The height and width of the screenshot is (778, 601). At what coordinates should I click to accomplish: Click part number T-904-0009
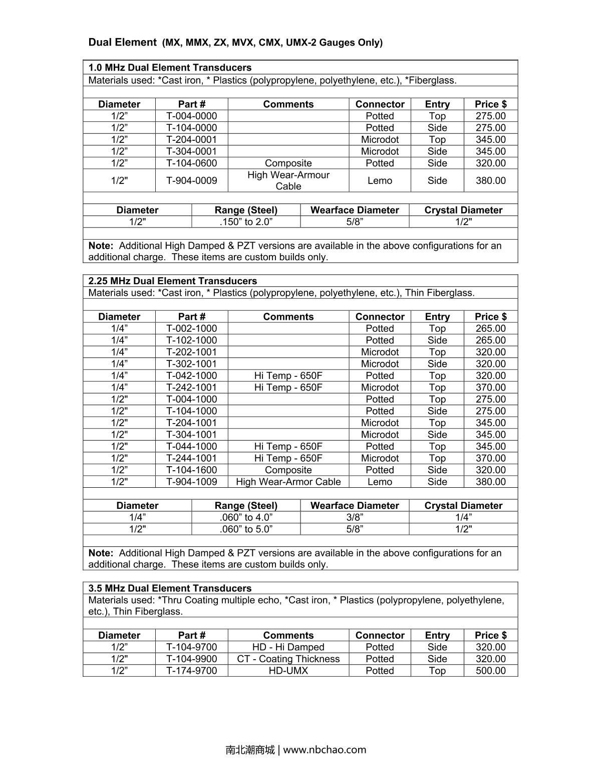pyautogui.click(x=191, y=180)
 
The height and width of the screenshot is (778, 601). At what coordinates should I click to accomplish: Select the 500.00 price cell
pyautogui.click(x=490, y=671)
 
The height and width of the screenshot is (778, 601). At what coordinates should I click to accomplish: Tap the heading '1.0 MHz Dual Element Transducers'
pyautogui.click(x=170, y=68)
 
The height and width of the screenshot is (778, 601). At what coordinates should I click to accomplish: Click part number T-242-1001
pyautogui.click(x=191, y=387)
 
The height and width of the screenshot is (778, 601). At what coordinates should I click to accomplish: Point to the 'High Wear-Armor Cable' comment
pyautogui.click(x=288, y=482)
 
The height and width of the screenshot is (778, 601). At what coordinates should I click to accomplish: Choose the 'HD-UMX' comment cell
pyautogui.click(x=288, y=671)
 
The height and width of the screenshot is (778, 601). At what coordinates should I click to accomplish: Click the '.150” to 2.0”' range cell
pyautogui.click(x=246, y=222)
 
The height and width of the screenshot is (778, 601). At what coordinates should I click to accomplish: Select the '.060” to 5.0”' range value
pyautogui.click(x=246, y=529)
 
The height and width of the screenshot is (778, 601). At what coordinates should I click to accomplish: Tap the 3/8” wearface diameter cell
pyautogui.click(x=355, y=517)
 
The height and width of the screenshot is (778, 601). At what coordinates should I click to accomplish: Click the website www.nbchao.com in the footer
pyautogui.click(x=325, y=750)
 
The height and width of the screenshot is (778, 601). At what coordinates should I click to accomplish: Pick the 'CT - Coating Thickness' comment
pyautogui.click(x=288, y=659)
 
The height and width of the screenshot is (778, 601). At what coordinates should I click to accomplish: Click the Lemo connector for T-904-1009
pyautogui.click(x=380, y=482)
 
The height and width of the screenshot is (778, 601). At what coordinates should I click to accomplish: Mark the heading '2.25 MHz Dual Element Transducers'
pyautogui.click(x=172, y=281)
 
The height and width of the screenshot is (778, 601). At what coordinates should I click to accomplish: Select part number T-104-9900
pyautogui.click(x=191, y=659)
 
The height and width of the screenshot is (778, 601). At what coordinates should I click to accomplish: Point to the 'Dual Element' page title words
pyautogui.click(x=122, y=42)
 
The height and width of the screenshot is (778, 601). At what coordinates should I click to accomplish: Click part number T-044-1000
pyautogui.click(x=191, y=446)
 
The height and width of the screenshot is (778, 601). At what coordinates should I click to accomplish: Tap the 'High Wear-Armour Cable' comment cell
pyautogui.click(x=288, y=180)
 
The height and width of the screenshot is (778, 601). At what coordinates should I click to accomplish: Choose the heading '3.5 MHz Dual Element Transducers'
pyautogui.click(x=170, y=589)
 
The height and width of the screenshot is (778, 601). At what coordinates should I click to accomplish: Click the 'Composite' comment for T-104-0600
pyautogui.click(x=288, y=163)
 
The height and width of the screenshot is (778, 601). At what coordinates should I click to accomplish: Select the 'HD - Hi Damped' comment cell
pyautogui.click(x=288, y=647)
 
